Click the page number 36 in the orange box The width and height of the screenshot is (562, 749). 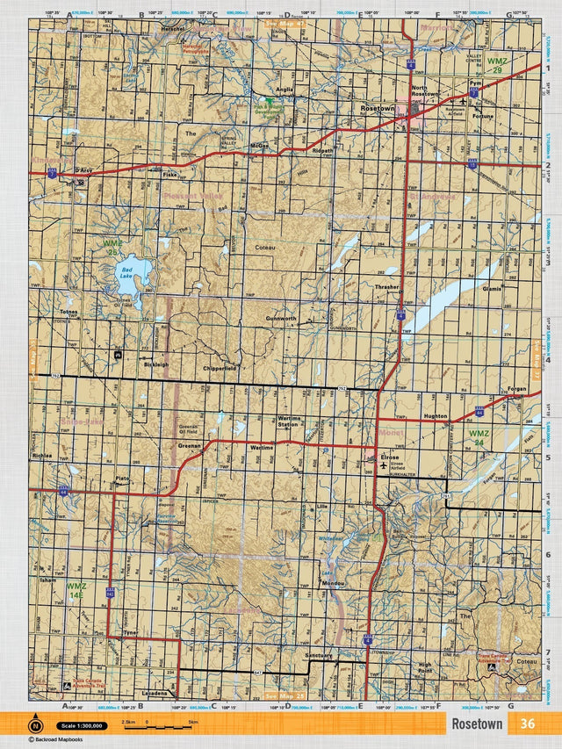click(x=527, y=724)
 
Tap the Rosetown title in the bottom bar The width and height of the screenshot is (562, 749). click(x=477, y=724)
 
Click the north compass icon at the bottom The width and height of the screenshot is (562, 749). click(x=36, y=725)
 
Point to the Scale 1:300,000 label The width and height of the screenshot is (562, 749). click(x=81, y=726)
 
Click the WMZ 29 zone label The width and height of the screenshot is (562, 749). click(x=496, y=65)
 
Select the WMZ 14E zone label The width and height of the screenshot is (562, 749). click(x=76, y=590)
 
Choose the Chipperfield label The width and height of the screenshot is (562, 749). click(x=219, y=369)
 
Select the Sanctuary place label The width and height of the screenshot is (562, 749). click(x=318, y=655)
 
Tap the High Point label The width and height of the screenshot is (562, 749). click(x=425, y=667)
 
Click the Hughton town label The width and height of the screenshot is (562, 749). click(x=435, y=415)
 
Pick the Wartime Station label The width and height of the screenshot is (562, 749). click(x=288, y=422)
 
